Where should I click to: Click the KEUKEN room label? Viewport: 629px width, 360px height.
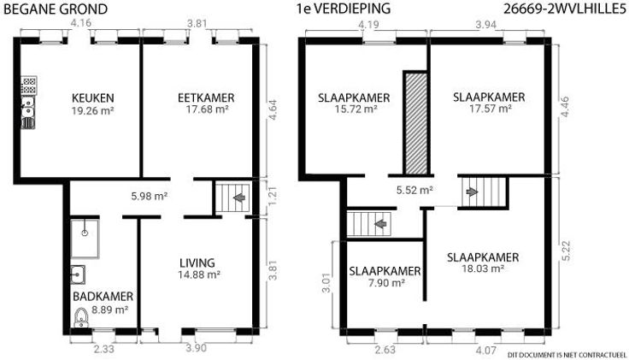92,98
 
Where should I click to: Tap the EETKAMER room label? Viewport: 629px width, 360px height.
206,98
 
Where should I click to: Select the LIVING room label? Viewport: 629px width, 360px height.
197,263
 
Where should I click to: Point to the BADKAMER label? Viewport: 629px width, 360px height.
103,297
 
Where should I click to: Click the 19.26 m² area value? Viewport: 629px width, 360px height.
92,110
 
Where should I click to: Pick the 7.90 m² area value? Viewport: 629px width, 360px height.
386,283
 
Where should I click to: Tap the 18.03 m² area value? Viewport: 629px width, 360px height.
483,269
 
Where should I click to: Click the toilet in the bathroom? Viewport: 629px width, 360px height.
81,317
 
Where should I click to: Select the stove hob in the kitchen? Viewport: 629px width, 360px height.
29,86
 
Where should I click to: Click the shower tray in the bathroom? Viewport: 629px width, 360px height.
85,239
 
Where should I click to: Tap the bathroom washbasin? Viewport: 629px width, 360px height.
78,274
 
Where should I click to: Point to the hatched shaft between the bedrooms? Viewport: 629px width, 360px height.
416,123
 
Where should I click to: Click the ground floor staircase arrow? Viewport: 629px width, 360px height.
239,197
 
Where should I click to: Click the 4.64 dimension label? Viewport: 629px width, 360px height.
273,111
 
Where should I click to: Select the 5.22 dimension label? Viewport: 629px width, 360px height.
566,251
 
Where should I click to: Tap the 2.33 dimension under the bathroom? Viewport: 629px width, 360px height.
104,349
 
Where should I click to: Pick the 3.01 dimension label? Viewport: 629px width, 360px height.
326,283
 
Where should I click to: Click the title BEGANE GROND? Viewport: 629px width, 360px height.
56,9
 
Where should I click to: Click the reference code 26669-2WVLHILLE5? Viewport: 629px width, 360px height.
565,9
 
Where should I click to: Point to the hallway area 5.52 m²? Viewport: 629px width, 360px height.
414,190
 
